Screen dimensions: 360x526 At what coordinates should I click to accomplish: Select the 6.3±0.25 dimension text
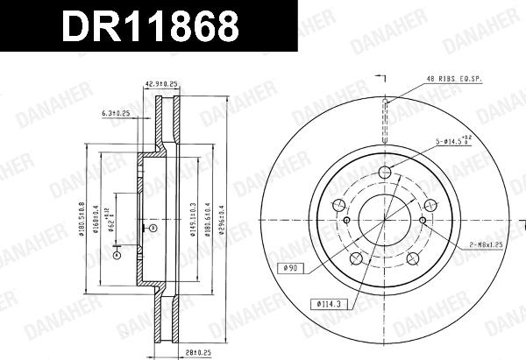(117, 113)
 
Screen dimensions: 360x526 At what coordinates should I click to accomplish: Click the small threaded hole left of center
(347, 220)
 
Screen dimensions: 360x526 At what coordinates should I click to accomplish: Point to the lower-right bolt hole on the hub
(413, 258)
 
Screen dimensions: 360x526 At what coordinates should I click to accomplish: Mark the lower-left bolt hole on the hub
(355, 258)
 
